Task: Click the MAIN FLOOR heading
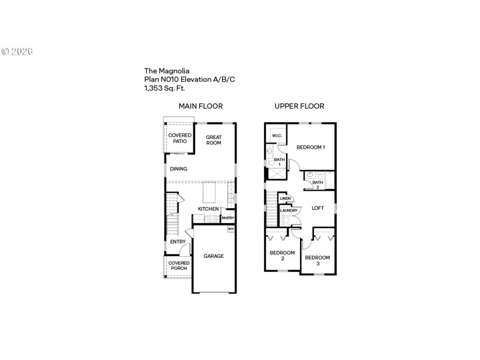200,106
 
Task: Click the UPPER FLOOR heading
299,106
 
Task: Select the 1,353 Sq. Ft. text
168,88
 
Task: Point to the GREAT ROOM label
214,140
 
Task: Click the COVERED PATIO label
180,138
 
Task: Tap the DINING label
178,169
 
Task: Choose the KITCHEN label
208,209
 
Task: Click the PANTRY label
228,218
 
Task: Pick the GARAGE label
213,256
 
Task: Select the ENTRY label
178,242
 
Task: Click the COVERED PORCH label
179,265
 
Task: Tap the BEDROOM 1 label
311,147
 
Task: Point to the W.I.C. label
277,136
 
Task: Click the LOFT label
318,208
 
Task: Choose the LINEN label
285,199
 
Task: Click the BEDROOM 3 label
317,260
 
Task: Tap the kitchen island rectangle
209,193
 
